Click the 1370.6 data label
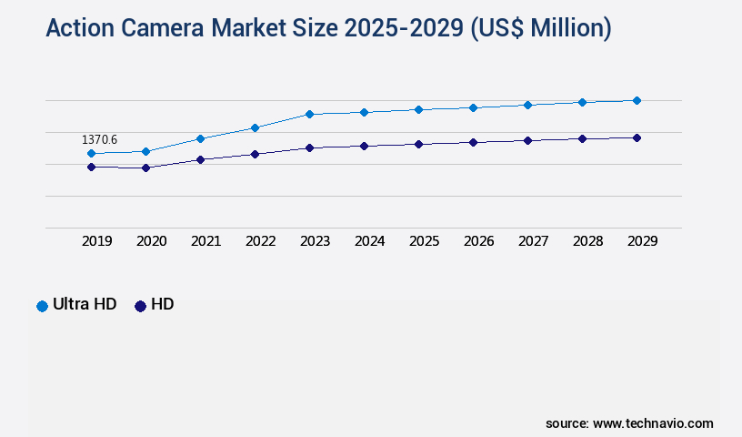[99, 139]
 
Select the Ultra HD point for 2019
[91, 154]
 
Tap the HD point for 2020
[145, 168]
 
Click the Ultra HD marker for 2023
[309, 114]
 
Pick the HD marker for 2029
[637, 137]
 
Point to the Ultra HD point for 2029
[637, 100]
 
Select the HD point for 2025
[418, 144]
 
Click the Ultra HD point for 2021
[200, 138]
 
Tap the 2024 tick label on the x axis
[369, 241]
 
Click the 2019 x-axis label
[96, 241]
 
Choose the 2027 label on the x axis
[533, 241]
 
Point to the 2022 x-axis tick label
[260, 241]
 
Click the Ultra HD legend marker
[42, 306]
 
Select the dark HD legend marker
[140, 306]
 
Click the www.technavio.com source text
[653, 423]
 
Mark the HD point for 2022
[255, 154]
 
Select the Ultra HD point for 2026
[473, 107]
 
